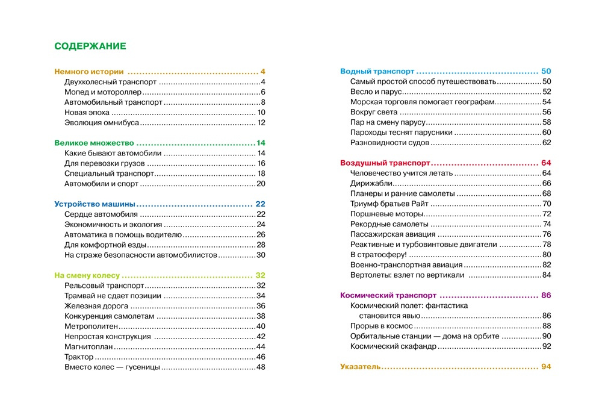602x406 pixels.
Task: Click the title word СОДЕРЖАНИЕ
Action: [90, 46]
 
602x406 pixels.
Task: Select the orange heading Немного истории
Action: [88, 71]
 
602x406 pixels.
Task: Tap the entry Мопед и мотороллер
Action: [103, 92]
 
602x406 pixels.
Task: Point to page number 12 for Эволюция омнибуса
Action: [261, 123]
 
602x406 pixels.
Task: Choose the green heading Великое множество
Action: [93, 143]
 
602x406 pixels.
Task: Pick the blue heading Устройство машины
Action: [95, 204]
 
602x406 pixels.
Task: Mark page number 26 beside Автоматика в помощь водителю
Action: [261, 235]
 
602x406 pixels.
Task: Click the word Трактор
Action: [79, 357]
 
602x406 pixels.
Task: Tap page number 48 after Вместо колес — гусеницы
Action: [261, 367]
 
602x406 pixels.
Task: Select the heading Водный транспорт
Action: [377, 71]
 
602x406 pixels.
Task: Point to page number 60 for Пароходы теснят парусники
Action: [547, 133]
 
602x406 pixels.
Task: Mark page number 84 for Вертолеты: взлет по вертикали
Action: [547, 275]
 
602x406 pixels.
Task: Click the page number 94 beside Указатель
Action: [546, 366]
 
